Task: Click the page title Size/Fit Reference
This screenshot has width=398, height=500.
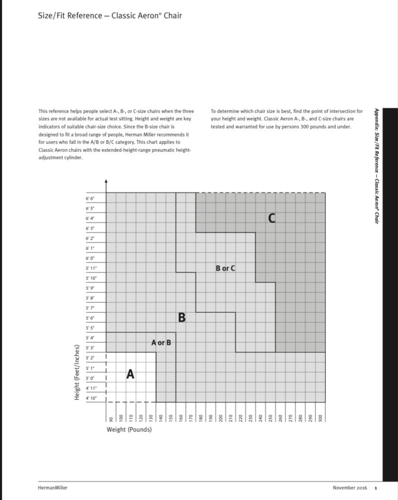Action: pyautogui.click(x=110, y=15)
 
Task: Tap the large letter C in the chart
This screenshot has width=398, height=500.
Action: pyautogui.click(x=272, y=218)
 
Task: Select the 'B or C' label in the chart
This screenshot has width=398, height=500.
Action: pyautogui.click(x=225, y=268)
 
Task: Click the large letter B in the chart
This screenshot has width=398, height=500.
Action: pyautogui.click(x=182, y=317)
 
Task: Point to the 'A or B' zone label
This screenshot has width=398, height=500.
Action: pyautogui.click(x=161, y=343)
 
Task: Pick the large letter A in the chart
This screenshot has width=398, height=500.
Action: pyautogui.click(x=130, y=374)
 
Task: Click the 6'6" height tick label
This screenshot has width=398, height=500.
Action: pyautogui.click(x=90, y=198)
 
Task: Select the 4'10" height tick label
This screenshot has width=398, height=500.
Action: pyautogui.click(x=91, y=398)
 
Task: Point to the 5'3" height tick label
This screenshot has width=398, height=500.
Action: pyautogui.click(x=90, y=348)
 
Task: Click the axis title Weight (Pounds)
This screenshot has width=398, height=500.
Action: pyautogui.click(x=129, y=429)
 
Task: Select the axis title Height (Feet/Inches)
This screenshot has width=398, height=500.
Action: pyautogui.click(x=77, y=372)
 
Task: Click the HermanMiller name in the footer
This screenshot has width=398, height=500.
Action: pyautogui.click(x=52, y=488)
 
